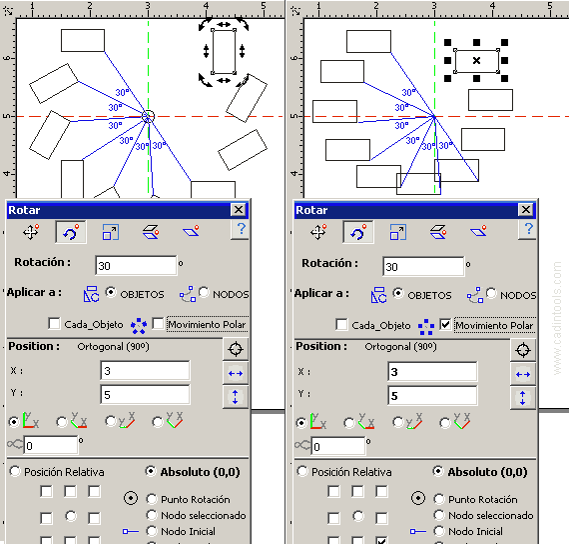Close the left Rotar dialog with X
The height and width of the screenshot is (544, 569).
239,210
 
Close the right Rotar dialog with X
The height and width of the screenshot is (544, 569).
526,210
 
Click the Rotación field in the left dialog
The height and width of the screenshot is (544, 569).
136,266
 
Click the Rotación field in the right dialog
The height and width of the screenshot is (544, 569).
423,267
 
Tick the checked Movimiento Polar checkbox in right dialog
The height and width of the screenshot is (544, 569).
445,324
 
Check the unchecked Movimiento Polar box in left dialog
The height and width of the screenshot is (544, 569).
158,323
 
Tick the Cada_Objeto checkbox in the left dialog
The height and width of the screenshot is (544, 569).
54,323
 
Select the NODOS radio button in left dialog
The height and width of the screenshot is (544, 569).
204,292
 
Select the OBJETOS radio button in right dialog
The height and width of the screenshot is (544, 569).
398,293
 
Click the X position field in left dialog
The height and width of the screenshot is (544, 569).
145,371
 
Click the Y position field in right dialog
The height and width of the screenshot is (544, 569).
432,396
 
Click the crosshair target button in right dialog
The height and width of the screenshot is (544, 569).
523,350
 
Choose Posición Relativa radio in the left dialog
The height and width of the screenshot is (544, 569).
15,471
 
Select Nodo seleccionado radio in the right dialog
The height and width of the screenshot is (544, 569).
438,515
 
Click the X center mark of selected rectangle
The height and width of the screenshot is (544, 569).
476,60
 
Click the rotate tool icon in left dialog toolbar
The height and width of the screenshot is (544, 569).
71,232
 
